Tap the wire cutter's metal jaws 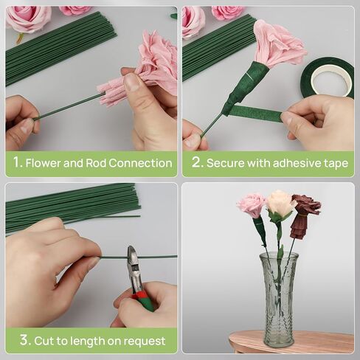coord(134,266)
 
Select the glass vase coord(279,300)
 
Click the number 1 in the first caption coord(17,162)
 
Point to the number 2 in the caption coord(198,162)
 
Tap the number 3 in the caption coord(25,340)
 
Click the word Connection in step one coord(140,163)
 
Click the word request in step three coord(145,342)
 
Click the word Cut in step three coord(44,341)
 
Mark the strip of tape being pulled coord(256,113)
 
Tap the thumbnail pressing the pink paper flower coord(131,82)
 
